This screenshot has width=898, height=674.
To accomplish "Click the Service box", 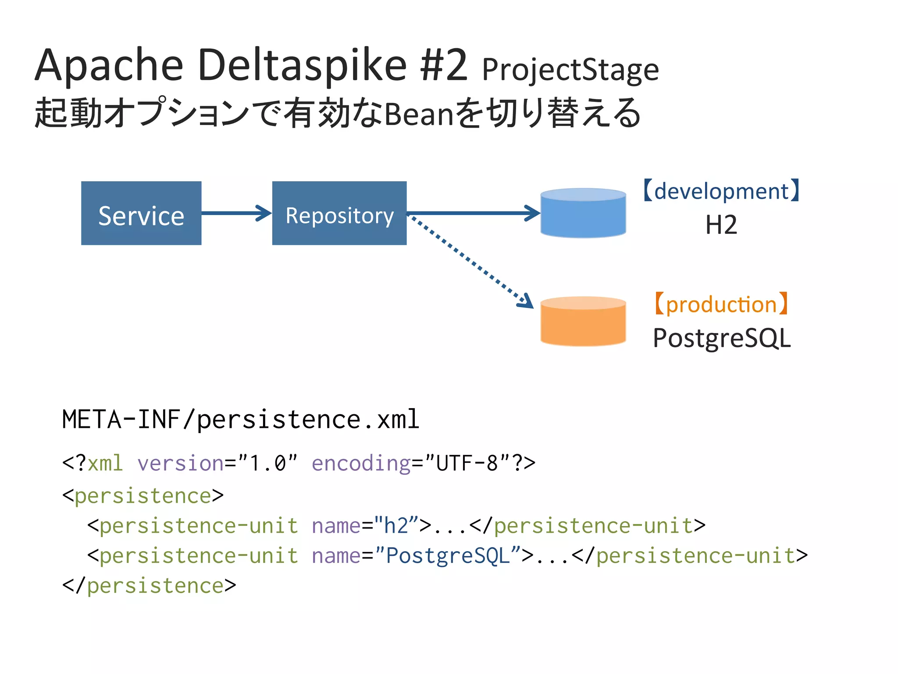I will [x=141, y=213].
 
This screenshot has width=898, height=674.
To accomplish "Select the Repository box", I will [x=339, y=213].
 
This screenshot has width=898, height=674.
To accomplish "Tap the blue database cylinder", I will [x=583, y=213].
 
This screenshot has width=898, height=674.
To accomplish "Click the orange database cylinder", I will [x=583, y=322].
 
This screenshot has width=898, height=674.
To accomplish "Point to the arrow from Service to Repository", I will [x=236, y=213].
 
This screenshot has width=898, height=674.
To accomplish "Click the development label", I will [x=721, y=191].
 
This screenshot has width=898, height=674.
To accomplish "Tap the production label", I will [x=721, y=304].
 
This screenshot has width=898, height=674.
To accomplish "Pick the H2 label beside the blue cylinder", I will [x=721, y=225].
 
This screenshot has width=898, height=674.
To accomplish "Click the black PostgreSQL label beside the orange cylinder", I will [x=721, y=338].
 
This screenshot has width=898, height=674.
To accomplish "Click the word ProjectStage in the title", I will [x=570, y=70].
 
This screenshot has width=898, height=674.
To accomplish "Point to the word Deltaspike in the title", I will [x=303, y=66].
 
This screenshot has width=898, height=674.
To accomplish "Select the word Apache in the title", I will [x=109, y=66].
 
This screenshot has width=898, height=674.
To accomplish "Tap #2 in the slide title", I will [x=444, y=66].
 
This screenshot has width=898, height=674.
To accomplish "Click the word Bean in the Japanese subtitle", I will [x=419, y=114].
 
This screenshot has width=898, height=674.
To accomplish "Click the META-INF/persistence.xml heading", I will [x=241, y=419].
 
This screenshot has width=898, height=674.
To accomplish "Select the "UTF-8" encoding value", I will [x=467, y=463].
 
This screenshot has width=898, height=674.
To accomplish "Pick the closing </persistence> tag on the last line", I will [x=149, y=586].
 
